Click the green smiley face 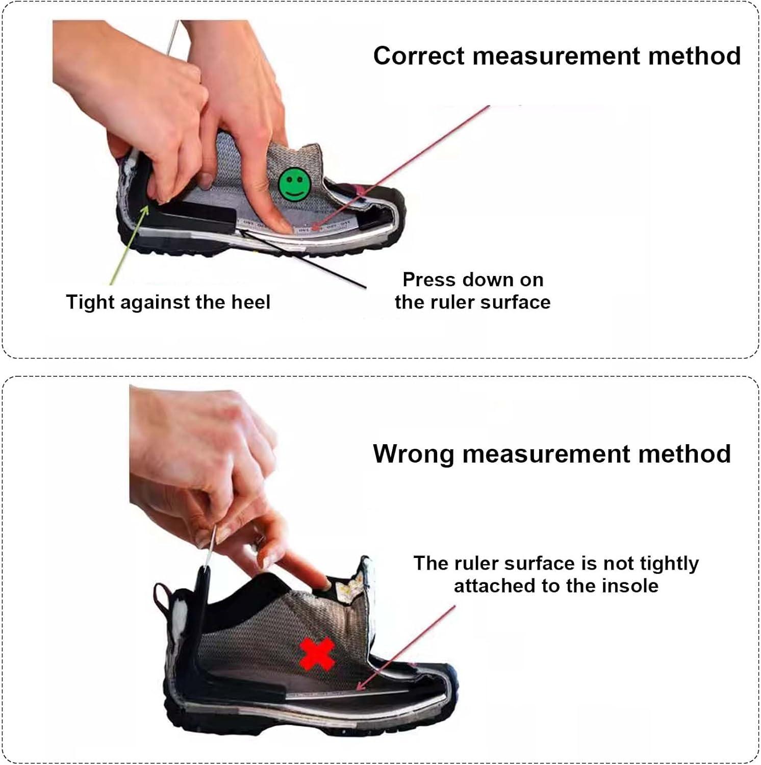(294, 184)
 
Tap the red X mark (317, 654)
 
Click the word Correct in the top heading (419, 56)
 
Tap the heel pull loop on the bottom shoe (162, 597)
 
